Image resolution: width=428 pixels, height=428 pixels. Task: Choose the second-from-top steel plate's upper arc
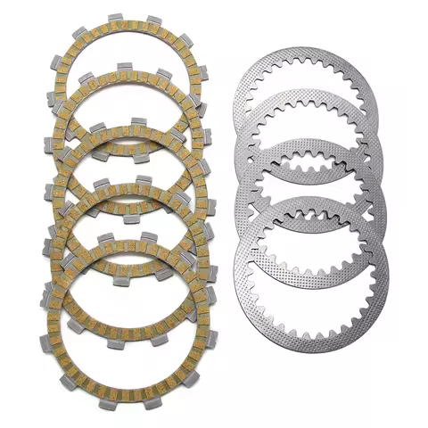pyautogui.click(x=309, y=101)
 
